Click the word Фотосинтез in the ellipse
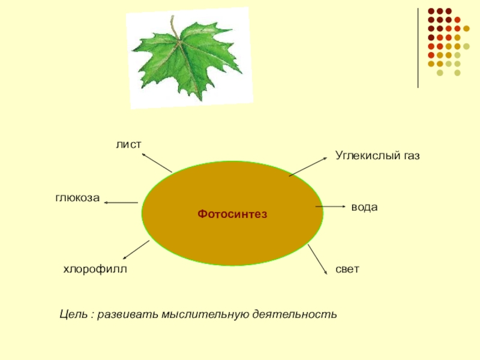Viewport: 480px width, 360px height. click(x=232, y=214)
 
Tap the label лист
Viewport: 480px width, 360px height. click(x=128, y=144)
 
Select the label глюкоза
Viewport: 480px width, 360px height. click(x=77, y=198)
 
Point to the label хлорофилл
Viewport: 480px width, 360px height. click(x=96, y=269)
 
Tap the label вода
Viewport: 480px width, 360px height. click(x=364, y=207)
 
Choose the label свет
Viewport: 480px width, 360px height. click(x=347, y=269)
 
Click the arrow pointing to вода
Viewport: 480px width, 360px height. click(x=330, y=206)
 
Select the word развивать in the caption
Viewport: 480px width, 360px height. click(x=124, y=314)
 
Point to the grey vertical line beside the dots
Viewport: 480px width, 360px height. click(x=418, y=48)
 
